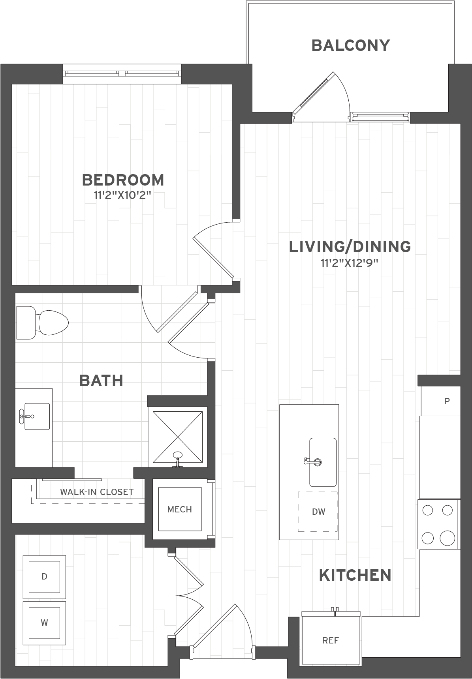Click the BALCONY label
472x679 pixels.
[x=351, y=45]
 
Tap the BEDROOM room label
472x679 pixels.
[x=123, y=180]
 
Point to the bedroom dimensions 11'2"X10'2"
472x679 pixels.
[x=123, y=196]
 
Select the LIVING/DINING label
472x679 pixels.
[x=350, y=247]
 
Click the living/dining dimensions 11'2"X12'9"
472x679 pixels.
[x=350, y=263]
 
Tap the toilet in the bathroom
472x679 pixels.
[x=42, y=323]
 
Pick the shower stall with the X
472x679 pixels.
[x=178, y=436]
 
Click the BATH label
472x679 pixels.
[x=101, y=381]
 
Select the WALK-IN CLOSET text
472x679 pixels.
[x=97, y=492]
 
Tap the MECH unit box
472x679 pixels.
[x=180, y=509]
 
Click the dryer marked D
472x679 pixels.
[x=44, y=577]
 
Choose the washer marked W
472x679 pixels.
[x=44, y=623]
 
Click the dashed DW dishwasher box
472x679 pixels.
[x=318, y=512]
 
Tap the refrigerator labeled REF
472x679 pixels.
[x=331, y=640]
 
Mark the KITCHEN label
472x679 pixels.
[x=355, y=576]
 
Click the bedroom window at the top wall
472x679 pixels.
[x=122, y=74]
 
